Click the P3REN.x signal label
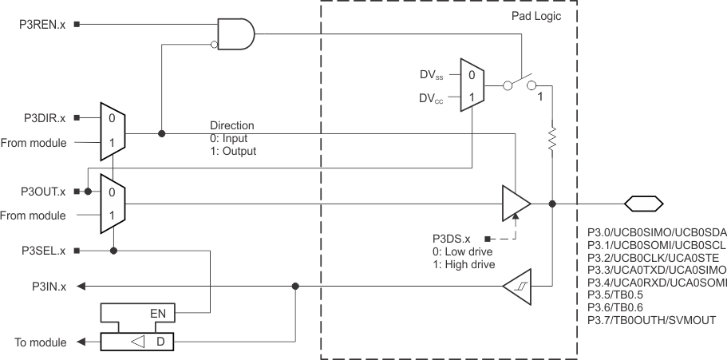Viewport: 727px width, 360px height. click(x=42, y=25)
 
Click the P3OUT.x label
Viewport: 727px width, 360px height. click(x=42, y=192)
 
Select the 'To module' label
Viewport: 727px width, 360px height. click(x=41, y=342)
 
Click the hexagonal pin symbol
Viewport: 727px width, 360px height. click(x=642, y=203)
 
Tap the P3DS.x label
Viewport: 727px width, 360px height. click(x=451, y=239)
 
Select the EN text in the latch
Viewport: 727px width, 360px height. click(x=159, y=313)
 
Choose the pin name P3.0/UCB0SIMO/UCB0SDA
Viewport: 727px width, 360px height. click(x=656, y=232)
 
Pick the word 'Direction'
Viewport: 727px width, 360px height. click(x=232, y=126)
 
